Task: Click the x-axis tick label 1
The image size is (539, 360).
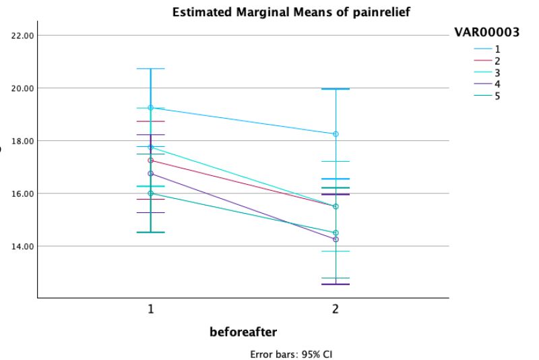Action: [151, 309]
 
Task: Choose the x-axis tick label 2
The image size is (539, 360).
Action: [335, 309]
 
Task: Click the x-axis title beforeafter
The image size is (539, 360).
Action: [243, 332]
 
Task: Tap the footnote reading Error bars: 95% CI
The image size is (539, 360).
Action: [291, 353]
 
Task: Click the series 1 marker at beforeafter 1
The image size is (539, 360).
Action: [151, 108]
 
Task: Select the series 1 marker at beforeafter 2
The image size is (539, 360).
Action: [335, 134]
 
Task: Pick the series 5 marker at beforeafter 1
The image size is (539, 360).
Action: [151, 193]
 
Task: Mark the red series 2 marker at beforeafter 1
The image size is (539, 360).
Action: [151, 160]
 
